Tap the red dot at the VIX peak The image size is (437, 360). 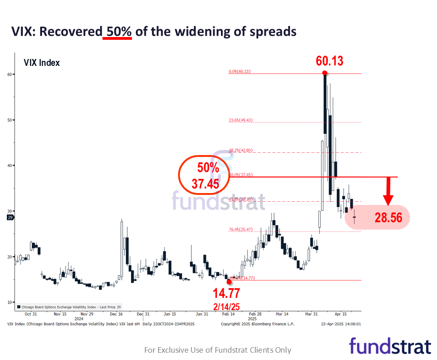(x=324, y=73)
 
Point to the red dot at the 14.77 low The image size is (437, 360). (x=229, y=282)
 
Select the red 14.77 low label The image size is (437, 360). (x=227, y=293)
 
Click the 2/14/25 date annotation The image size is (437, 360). (x=227, y=305)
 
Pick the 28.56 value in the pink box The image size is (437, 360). (x=388, y=218)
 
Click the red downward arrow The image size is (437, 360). (x=388, y=192)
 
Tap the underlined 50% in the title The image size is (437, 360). (x=117, y=32)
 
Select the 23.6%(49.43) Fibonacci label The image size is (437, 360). (x=240, y=120)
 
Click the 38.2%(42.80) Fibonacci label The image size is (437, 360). (x=240, y=150)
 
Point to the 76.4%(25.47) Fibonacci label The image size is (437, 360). (x=240, y=230)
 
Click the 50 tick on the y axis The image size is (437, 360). (x=10, y=120)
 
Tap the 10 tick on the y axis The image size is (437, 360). (x=10, y=302)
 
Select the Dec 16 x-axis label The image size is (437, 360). (x=116, y=314)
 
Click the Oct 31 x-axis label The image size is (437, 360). (x=31, y=314)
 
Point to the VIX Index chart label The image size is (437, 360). (x=42, y=63)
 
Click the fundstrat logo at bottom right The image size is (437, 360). (x=390, y=346)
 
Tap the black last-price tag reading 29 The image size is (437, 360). (x=10, y=218)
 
